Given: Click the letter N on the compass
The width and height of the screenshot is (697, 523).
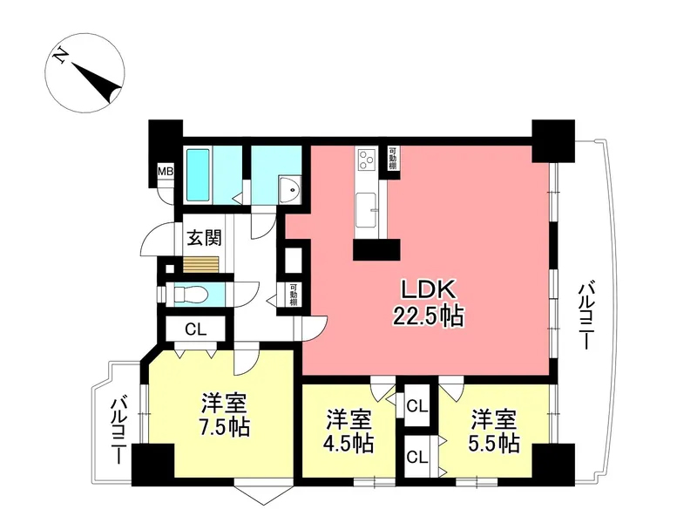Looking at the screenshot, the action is (x=60, y=56).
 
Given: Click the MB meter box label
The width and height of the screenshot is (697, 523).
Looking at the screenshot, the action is (x=166, y=171).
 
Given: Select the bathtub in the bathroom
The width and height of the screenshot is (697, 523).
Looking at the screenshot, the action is (x=198, y=174).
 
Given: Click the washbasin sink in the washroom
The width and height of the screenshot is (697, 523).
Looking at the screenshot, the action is (x=289, y=190).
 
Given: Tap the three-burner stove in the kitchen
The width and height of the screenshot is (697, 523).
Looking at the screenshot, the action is (x=367, y=160).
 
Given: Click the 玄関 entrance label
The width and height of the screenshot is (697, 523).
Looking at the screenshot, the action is (x=204, y=237).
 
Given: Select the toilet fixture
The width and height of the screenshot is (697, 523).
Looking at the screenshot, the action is (x=188, y=295).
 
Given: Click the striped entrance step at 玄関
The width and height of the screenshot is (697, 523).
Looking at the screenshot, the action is (x=201, y=264).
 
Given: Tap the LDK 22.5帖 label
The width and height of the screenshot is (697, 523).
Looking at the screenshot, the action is (x=428, y=303).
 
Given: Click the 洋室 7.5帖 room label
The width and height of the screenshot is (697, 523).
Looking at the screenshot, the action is (x=224, y=415).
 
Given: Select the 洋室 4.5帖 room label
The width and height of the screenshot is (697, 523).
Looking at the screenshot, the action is (x=349, y=431).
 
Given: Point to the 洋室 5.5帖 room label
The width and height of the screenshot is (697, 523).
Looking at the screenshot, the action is (x=494, y=431).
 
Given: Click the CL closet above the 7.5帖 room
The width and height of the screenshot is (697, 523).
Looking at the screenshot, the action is (x=195, y=329).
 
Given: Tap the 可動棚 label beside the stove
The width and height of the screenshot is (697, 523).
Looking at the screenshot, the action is (x=393, y=159).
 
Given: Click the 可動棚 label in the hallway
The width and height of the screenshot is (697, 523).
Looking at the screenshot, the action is (x=294, y=295).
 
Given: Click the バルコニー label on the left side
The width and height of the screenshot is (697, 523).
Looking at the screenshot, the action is (x=118, y=431).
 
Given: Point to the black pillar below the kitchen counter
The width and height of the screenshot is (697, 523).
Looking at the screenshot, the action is (x=376, y=249).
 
